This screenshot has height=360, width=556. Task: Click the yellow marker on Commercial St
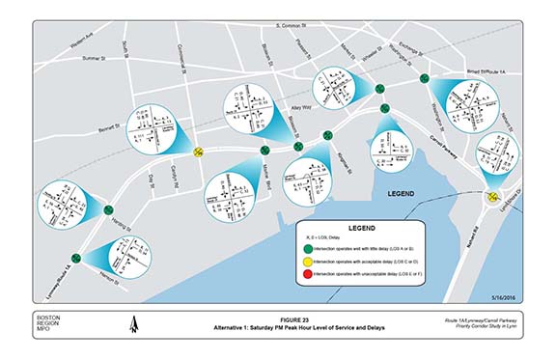click(x=197, y=150)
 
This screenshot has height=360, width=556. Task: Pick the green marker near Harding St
click(x=108, y=208)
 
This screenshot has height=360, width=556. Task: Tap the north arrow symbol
click(x=132, y=325)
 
